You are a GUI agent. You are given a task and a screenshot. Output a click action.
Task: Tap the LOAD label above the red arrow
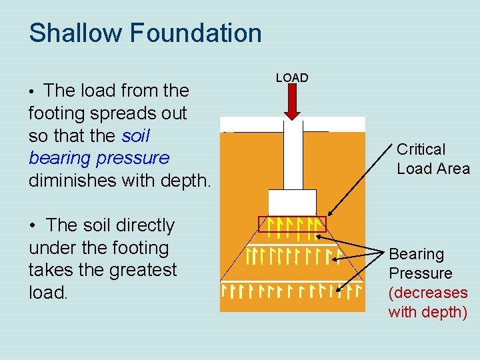click(x=292, y=78)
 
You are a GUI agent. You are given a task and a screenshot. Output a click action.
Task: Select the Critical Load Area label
click(x=433, y=159)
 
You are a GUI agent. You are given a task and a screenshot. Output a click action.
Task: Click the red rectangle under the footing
click(x=292, y=224)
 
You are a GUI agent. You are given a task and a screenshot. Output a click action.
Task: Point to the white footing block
click(x=292, y=202)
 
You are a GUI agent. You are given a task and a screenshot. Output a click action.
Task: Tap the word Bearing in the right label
click(x=416, y=254)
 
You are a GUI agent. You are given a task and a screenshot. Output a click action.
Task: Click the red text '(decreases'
click(x=428, y=293)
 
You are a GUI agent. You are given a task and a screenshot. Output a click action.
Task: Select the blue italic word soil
click(x=136, y=136)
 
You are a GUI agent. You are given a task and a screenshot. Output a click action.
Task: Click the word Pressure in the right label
click(x=420, y=273)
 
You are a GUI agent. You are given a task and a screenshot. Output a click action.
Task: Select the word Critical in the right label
click(x=421, y=149)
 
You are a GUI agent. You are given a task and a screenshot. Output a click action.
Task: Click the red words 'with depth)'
click(x=428, y=311)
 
